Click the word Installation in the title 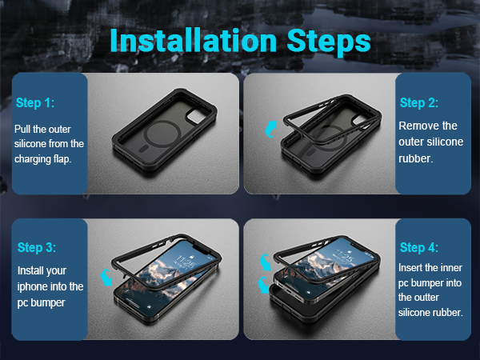coord(193,41)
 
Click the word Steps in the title coord(329,42)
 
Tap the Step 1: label coord(35,103)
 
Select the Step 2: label coord(418,102)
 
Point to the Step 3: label coord(37,247)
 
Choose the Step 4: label coord(418,247)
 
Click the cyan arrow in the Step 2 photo coord(270,130)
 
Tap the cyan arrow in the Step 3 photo coord(106,277)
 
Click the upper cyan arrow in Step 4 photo coord(265,262)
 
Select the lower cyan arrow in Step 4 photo coord(263,286)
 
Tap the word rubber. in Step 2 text coord(416,158)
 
